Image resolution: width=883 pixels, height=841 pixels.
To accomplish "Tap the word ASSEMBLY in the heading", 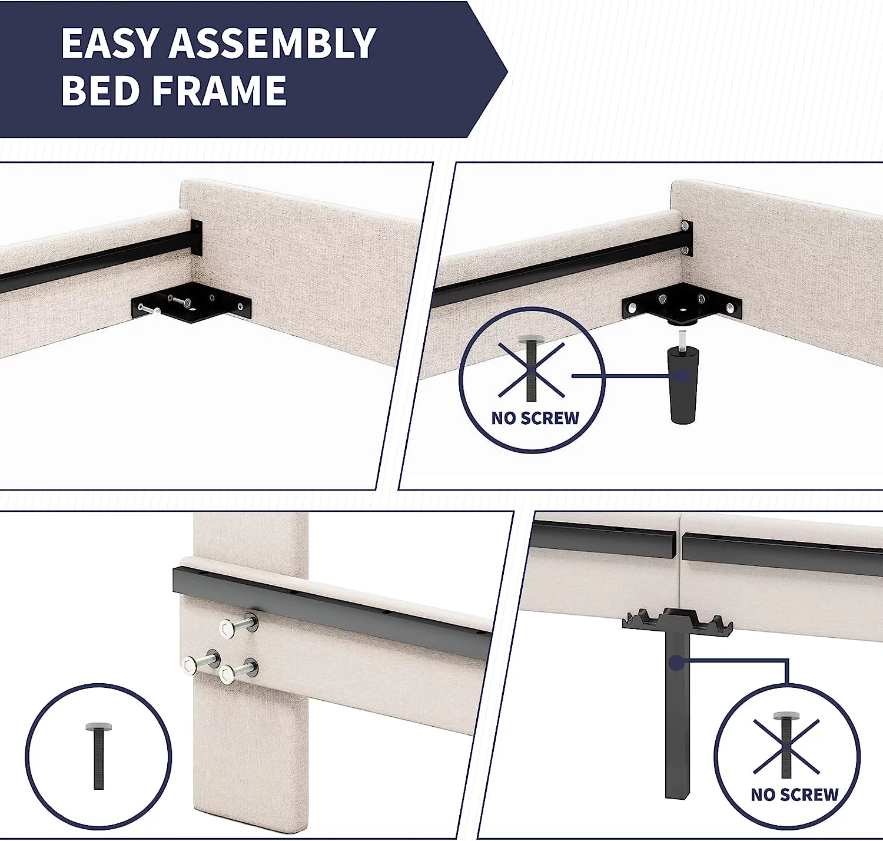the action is (x=272, y=43).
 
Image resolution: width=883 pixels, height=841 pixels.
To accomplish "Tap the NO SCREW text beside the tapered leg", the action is (x=535, y=418).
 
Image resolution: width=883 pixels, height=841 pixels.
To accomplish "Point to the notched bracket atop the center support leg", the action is (x=677, y=620).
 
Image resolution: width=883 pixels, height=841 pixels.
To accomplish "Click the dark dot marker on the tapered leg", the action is (x=683, y=376).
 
